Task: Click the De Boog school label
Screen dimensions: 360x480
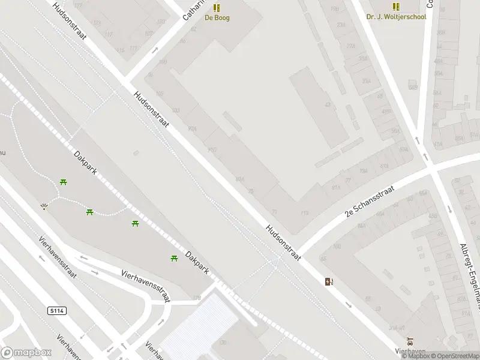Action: click(x=217, y=17)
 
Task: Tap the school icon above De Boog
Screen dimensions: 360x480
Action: click(x=217, y=7)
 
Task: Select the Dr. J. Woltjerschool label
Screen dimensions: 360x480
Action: click(x=396, y=17)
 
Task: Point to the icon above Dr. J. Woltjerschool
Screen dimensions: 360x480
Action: click(x=396, y=7)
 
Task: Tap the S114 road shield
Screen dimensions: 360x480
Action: click(x=55, y=311)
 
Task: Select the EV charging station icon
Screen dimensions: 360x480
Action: click(x=329, y=281)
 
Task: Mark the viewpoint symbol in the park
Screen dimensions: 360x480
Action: click(x=44, y=206)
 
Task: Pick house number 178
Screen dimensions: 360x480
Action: click(x=196, y=298)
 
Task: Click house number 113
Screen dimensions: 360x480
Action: click(x=304, y=213)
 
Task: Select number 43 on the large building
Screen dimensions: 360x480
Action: click(x=328, y=105)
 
